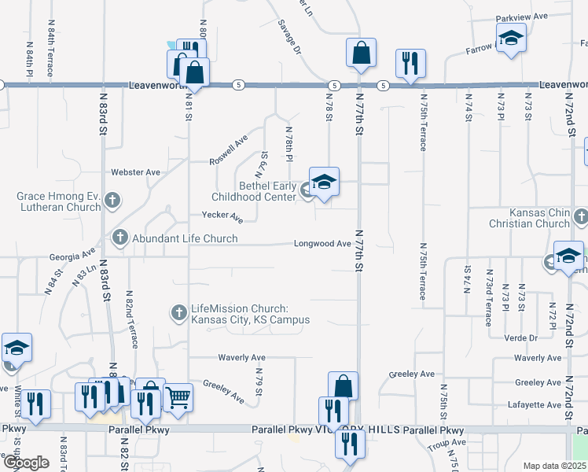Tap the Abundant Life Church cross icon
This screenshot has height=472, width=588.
[x=120, y=236]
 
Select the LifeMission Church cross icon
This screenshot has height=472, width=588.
[x=179, y=313]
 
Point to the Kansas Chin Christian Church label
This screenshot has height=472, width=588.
[x=539, y=218]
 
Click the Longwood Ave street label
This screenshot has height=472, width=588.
[x=322, y=244]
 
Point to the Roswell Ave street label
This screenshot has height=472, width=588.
[x=228, y=149]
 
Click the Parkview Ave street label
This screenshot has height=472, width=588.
[x=520, y=17]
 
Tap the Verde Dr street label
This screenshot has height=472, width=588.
[x=521, y=337]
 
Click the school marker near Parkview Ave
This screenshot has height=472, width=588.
[x=511, y=38]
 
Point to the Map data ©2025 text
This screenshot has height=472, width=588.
[x=555, y=466]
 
